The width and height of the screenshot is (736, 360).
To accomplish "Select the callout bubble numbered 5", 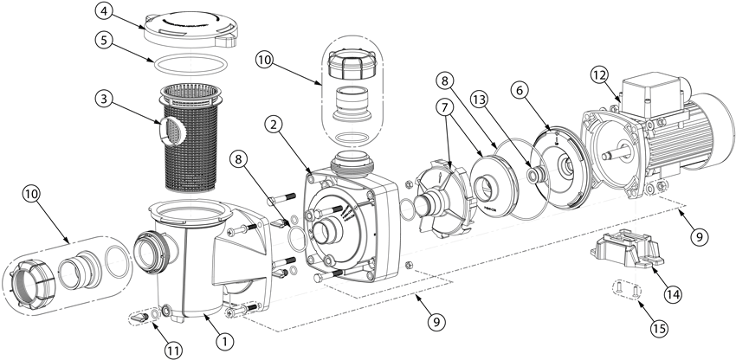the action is (104, 40).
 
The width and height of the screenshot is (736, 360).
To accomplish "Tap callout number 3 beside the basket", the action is (104, 99).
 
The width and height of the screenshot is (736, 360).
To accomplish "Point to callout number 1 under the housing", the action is (226, 342).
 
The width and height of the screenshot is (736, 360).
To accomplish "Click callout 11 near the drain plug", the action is (173, 350).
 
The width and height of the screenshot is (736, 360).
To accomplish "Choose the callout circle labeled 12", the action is (600, 75).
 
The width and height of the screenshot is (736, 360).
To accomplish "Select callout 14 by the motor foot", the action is (673, 294).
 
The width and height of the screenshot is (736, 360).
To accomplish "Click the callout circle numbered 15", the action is (661, 329).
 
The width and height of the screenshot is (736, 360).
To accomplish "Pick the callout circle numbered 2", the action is (274, 125).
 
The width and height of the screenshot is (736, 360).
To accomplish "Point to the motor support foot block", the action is (628, 250).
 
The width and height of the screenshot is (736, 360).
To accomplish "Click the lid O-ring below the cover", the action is (191, 64).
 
